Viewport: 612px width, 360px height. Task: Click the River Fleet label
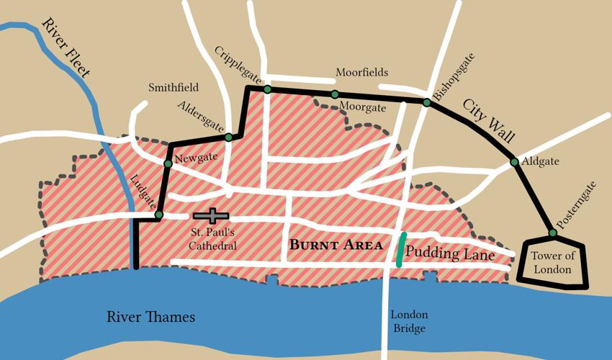(66, 49)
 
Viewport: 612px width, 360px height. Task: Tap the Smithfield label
(174, 88)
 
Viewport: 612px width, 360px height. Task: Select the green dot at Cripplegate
(267, 89)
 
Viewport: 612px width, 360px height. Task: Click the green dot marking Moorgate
(335, 94)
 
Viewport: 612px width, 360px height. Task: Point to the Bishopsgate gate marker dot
(426, 102)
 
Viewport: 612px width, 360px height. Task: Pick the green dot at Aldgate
(514, 162)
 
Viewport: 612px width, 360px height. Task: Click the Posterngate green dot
(552, 233)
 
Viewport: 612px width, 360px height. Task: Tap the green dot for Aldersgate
(228, 137)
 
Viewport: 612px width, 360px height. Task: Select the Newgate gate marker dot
(168, 163)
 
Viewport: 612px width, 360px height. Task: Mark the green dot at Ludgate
(158, 215)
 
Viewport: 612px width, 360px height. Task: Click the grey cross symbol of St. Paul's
(211, 215)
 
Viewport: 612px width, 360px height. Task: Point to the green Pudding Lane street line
(401, 249)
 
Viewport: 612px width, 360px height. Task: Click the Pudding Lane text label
(450, 253)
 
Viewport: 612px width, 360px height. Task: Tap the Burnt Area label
(336, 245)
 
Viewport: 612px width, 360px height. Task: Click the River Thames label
(150, 317)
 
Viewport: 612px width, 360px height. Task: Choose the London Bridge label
(409, 322)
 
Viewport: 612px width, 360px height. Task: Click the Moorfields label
(361, 73)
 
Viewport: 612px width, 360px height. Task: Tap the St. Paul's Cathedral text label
(213, 239)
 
